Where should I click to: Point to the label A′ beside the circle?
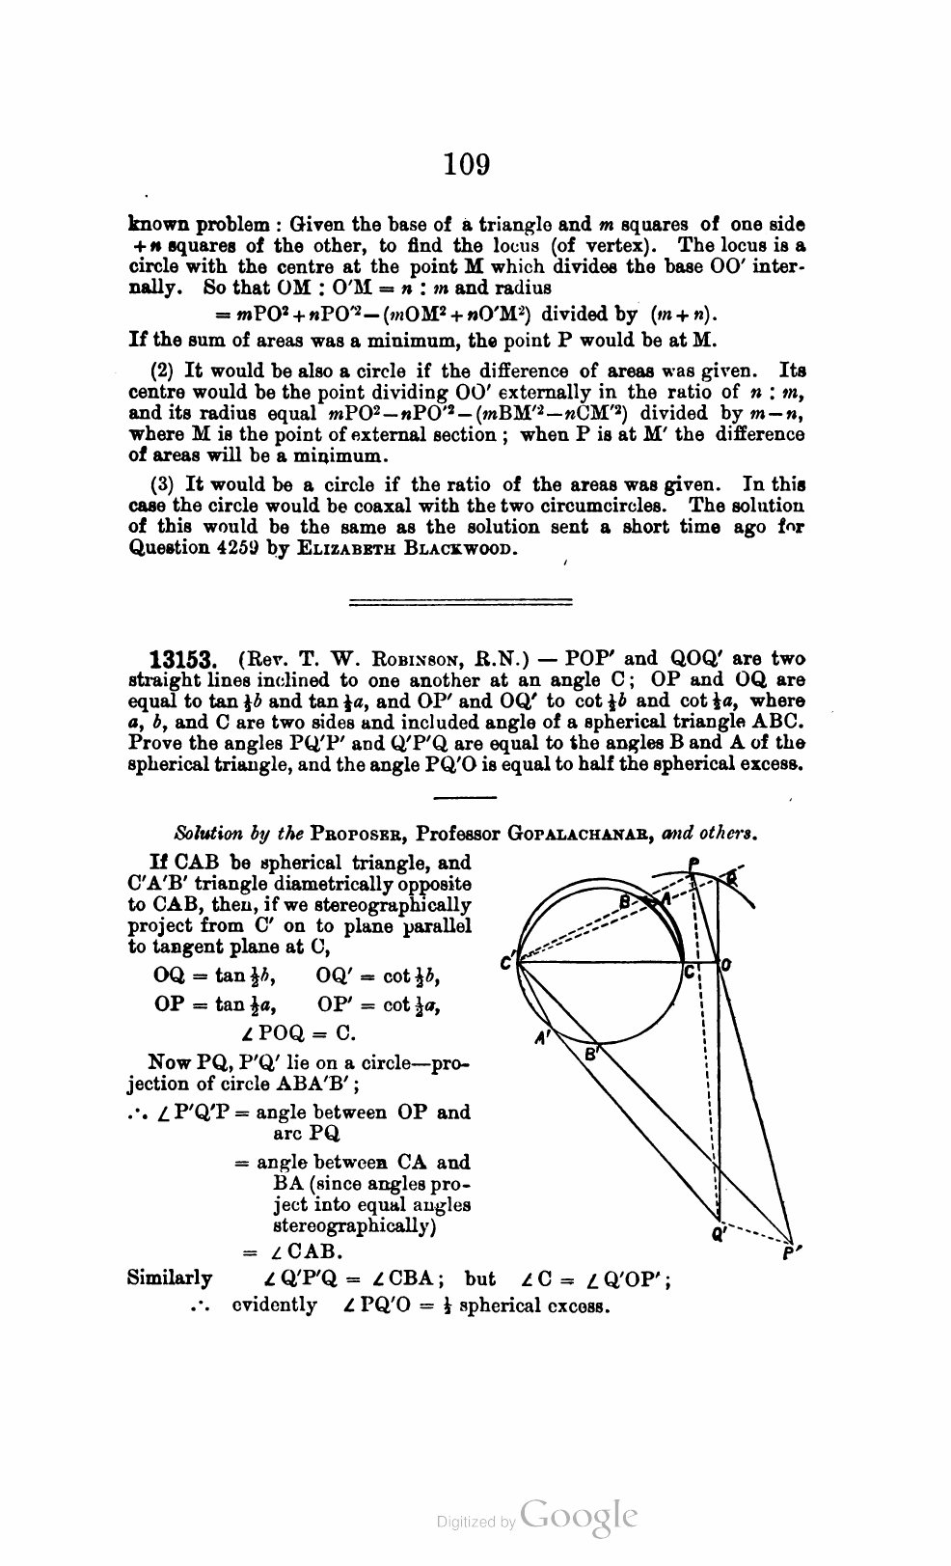tap(543, 1038)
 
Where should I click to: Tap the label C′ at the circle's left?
tap(506, 962)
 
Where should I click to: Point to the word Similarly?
tap(170, 1278)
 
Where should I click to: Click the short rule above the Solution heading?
tap(465, 797)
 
